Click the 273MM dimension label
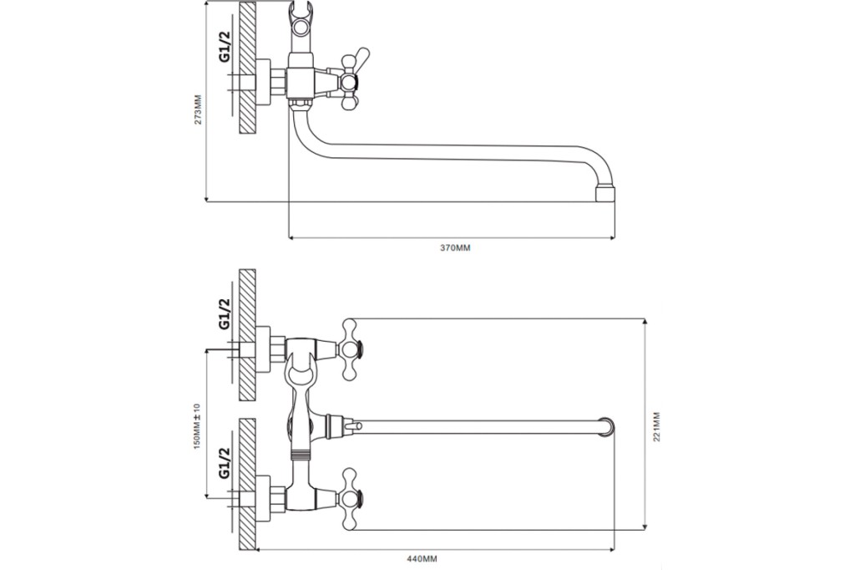(199, 109)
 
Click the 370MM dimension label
(455, 248)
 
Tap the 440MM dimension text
(422, 559)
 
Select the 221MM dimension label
(656, 426)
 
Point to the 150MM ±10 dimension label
(197, 426)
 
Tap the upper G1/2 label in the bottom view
(225, 314)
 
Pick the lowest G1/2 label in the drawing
(225, 462)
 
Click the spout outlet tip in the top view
(606, 195)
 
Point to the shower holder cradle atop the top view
(299, 17)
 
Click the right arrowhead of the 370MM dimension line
(612, 238)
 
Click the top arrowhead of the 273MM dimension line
(207, 5)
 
